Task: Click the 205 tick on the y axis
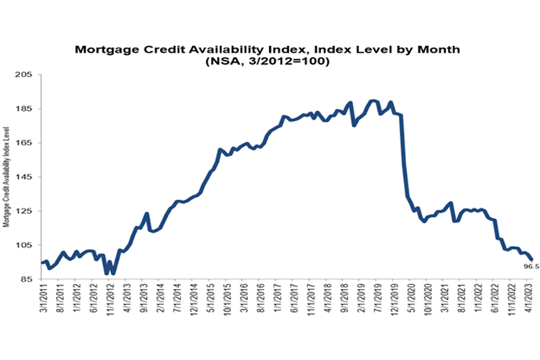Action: (x=28, y=75)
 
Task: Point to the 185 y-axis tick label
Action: (x=28, y=109)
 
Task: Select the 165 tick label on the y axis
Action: (x=28, y=143)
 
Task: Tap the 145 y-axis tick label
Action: (x=28, y=177)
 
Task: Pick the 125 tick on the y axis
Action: (x=28, y=211)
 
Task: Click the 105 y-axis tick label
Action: (x=28, y=246)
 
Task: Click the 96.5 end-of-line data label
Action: (x=530, y=265)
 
